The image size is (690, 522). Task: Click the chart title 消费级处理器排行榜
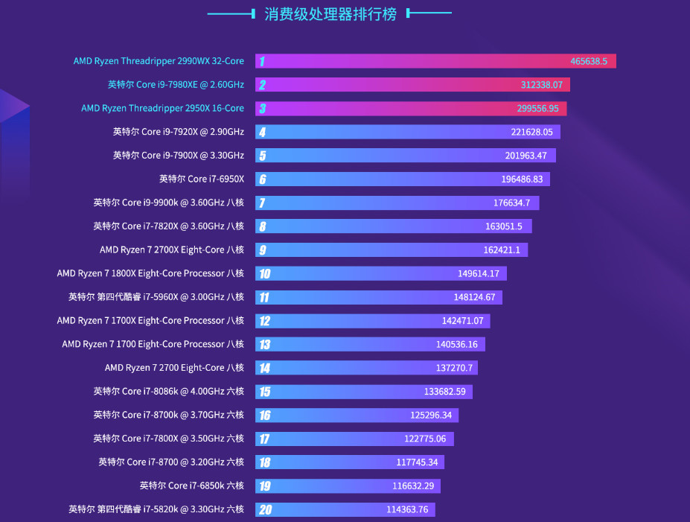pos(330,14)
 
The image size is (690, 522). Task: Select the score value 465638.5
pos(589,61)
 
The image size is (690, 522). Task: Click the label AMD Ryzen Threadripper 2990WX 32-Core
pos(159,61)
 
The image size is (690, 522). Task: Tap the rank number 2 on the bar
pos(262,85)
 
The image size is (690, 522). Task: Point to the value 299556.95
pos(537,109)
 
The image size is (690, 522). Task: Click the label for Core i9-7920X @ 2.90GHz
pos(179,132)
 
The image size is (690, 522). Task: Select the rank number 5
pos(262,156)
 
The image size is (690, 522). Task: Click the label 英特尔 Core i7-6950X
pos(202,179)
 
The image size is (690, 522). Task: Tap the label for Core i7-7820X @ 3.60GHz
pos(169,226)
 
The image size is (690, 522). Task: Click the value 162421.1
pos(502,249)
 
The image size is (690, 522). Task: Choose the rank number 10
pos(264,273)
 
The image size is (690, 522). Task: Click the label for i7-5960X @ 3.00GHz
pos(156,297)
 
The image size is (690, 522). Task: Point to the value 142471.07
pos(462,321)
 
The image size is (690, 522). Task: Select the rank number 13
pos(264,344)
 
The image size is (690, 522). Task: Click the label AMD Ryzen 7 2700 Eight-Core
pos(174,368)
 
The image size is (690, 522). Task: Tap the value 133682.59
pos(444,392)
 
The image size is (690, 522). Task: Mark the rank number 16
pos(264,415)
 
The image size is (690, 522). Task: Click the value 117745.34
pos(417,462)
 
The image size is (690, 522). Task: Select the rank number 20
pos(264,509)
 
